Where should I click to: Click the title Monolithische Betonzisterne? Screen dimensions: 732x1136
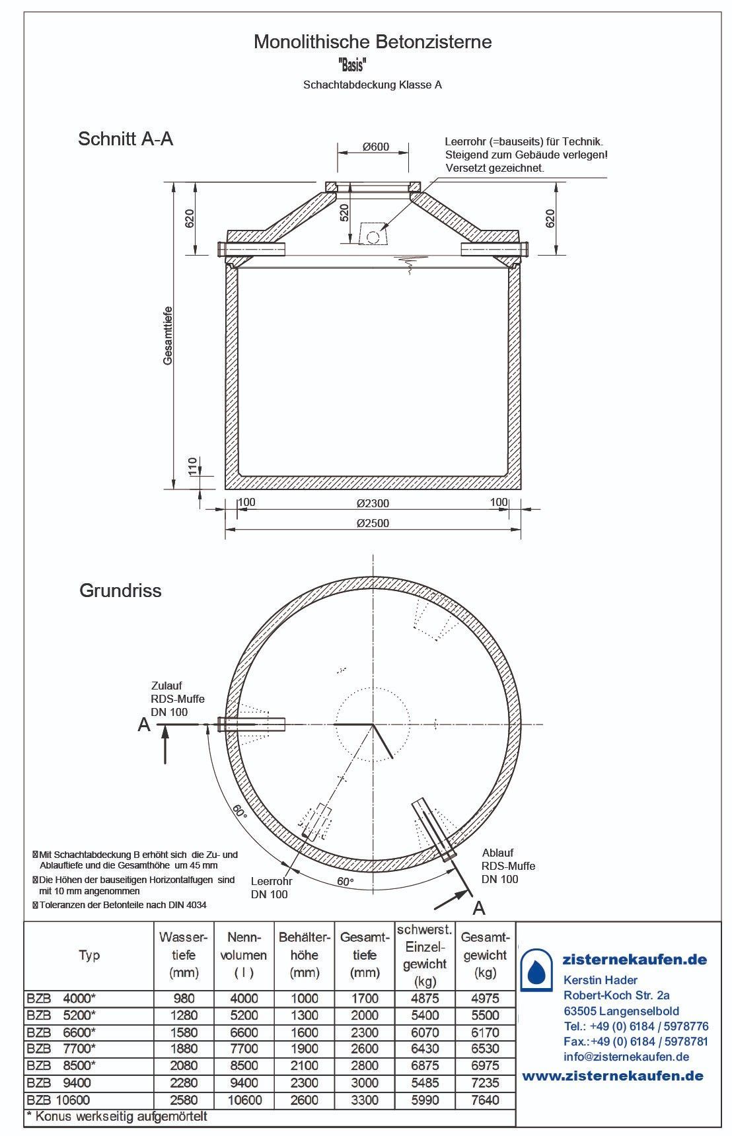pyautogui.click(x=373, y=42)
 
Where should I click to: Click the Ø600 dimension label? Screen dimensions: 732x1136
pyautogui.click(x=376, y=147)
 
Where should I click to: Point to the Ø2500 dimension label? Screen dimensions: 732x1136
pyautogui.click(x=373, y=523)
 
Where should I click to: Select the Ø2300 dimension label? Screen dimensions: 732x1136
pyautogui.click(x=373, y=503)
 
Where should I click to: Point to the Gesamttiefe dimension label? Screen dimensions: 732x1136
pyautogui.click(x=168, y=336)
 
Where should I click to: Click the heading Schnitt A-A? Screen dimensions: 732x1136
pyautogui.click(x=126, y=139)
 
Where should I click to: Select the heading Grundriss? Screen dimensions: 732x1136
pyautogui.click(x=120, y=590)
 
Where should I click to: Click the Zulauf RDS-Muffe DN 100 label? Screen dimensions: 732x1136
pyautogui.click(x=178, y=699)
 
